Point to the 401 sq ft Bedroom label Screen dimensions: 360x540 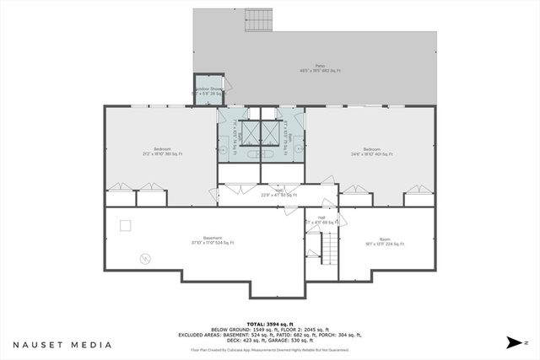coord(371,152)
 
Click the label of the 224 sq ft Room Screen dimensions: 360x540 coord(385,242)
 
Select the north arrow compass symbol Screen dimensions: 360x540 coord(514,343)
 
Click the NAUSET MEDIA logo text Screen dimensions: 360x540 coord(62,345)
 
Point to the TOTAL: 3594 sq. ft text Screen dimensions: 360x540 coord(270,324)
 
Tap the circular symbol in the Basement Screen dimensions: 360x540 coord(144,257)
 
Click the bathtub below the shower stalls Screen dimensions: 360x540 coord(262,155)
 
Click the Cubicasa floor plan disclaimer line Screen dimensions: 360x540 coord(270,347)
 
